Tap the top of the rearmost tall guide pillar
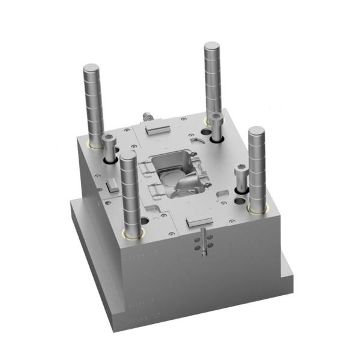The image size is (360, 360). tap(211, 46)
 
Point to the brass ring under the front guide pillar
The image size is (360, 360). tap(132, 233)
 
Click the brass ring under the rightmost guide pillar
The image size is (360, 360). tap(257, 208)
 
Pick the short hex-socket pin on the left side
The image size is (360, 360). tap(109, 140)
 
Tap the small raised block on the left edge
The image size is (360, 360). tap(112, 184)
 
